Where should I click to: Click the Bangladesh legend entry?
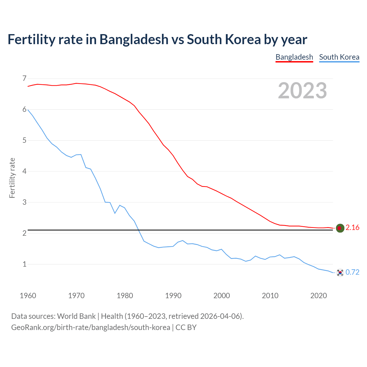pyautogui.click(x=294, y=57)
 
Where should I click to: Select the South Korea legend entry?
pyautogui.click(x=339, y=57)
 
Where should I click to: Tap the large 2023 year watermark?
pyautogui.click(x=302, y=91)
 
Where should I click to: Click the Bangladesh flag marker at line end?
pyautogui.click(x=340, y=228)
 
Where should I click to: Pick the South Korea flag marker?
pyautogui.click(x=340, y=272)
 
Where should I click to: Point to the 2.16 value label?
pyautogui.click(x=352, y=228)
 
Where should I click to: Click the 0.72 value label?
pyautogui.click(x=352, y=272)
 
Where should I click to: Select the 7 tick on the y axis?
pyautogui.click(x=24, y=78)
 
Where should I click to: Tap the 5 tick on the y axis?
pyautogui.click(x=24, y=140)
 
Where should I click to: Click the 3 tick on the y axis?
pyautogui.click(x=24, y=202)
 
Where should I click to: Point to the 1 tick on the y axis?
pyautogui.click(x=24, y=264)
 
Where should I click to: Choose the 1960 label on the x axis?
pyautogui.click(x=28, y=296)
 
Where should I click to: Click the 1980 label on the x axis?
pyautogui.click(x=125, y=296)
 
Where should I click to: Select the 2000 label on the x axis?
pyautogui.click(x=222, y=296)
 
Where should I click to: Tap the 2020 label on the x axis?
pyautogui.click(x=319, y=296)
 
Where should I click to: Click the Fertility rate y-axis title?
pyautogui.click(x=12, y=178)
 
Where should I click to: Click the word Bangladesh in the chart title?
pyautogui.click(x=134, y=39)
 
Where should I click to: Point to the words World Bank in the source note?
pyautogui.click(x=76, y=316)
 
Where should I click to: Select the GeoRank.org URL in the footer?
pyautogui.click(x=91, y=327)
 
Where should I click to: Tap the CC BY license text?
pyautogui.click(x=186, y=327)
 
